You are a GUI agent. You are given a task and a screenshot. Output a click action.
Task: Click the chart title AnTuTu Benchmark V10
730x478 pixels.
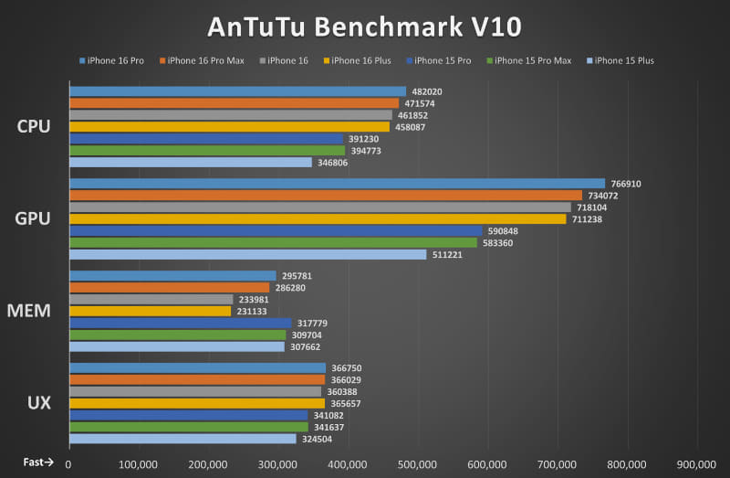click(x=365, y=26)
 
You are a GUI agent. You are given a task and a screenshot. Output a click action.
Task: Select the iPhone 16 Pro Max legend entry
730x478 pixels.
click(x=205, y=61)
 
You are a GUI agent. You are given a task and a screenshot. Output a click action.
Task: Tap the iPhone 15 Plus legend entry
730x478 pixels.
click(x=624, y=61)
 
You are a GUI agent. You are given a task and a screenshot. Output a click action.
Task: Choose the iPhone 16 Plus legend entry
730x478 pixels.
click(x=361, y=61)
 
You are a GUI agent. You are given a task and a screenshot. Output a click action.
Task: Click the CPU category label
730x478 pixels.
click(x=34, y=126)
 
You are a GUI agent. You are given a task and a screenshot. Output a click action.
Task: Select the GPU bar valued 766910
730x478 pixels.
click(x=337, y=184)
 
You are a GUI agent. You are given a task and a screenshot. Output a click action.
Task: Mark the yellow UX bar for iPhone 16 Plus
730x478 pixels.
click(x=196, y=403)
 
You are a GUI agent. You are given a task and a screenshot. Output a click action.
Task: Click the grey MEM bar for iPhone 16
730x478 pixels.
click(x=151, y=299)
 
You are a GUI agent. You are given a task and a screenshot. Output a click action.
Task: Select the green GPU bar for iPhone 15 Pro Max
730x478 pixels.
click(x=273, y=242)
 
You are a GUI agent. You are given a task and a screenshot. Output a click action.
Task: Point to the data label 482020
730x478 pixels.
click(x=427, y=91)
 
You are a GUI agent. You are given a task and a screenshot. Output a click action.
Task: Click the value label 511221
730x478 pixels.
click(x=448, y=255)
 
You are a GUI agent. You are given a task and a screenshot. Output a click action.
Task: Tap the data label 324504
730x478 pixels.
click(x=318, y=439)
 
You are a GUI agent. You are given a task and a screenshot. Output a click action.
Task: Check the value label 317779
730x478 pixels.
click(x=313, y=323)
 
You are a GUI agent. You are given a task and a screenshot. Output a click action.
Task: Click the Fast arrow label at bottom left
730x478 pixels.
click(x=39, y=462)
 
